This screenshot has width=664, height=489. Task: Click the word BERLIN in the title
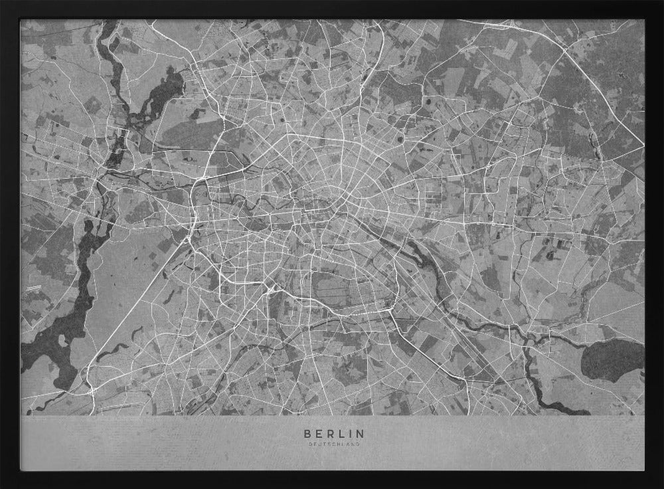[334, 433]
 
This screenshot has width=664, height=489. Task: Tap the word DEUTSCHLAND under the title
[334, 444]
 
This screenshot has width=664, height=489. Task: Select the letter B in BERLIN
[307, 433]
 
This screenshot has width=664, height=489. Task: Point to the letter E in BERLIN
[319, 433]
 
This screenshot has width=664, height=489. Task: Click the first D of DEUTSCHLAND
[309, 444]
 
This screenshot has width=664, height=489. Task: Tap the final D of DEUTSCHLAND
[359, 444]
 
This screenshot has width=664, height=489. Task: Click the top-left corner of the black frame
[2, 2]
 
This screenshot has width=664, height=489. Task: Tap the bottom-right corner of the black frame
[661, 486]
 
